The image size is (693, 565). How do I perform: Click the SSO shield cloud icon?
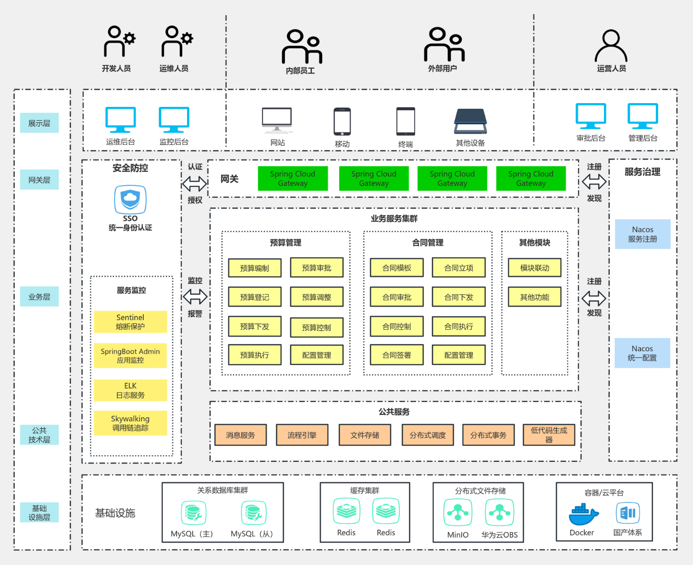pyautogui.click(x=130, y=200)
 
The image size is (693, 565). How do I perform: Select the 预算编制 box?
pyautogui.click(x=254, y=268)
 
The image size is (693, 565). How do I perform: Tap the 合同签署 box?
pyautogui.click(x=397, y=355)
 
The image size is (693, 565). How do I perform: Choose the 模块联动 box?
pyautogui.click(x=534, y=268)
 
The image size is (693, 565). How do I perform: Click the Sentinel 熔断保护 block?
pyautogui.click(x=130, y=322)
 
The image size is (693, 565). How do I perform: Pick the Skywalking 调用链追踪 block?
pyautogui.click(x=130, y=423)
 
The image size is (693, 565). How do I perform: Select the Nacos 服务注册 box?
pyautogui.click(x=643, y=234)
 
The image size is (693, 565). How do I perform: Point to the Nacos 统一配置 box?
pyautogui.click(x=642, y=353)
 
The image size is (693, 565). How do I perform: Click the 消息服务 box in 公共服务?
pyautogui.click(x=240, y=435)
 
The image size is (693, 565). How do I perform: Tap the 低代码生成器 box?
pyautogui.click(x=549, y=435)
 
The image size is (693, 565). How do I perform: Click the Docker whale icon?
pyautogui.click(x=583, y=515)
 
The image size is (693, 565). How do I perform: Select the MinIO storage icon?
pyautogui.click(x=457, y=512)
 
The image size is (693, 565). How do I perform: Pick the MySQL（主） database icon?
pyautogui.click(x=193, y=513)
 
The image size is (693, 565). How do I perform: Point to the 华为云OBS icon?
pyautogui.click(x=499, y=512)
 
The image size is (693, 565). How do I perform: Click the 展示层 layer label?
pyautogui.click(x=39, y=123)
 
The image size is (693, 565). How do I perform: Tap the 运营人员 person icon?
pyautogui.click(x=611, y=46)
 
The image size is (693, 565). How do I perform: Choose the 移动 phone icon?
pyautogui.click(x=342, y=121)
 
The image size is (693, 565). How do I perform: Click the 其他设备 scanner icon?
pyautogui.click(x=470, y=121)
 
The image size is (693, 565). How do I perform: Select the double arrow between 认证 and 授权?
pyautogui.click(x=195, y=183)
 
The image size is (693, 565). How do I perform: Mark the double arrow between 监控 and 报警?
pyautogui.click(x=195, y=297)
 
